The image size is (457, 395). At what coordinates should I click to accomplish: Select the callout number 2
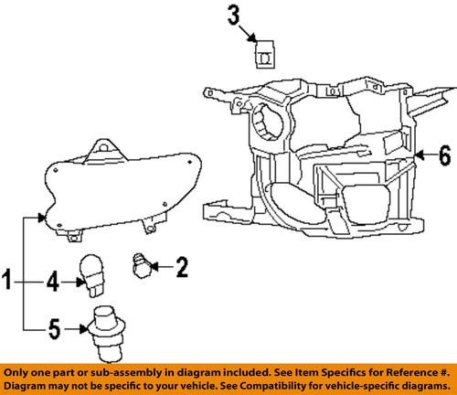(181, 267)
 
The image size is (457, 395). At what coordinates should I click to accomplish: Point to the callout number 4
(52, 283)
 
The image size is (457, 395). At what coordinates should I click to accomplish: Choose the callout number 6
(445, 155)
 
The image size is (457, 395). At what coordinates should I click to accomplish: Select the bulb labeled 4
(94, 274)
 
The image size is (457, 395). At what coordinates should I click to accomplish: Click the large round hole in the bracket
(272, 120)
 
